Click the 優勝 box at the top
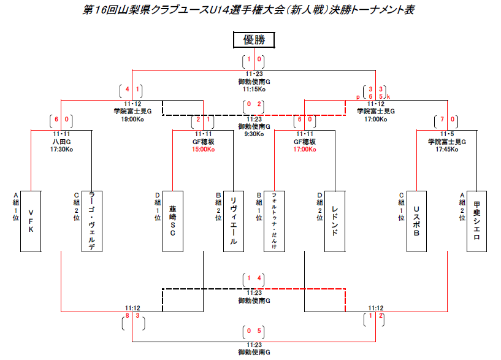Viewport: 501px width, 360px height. (254, 40)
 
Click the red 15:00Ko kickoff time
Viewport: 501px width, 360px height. (203, 148)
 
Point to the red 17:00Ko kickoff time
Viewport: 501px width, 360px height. (304, 148)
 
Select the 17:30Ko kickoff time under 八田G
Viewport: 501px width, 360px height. (61, 148)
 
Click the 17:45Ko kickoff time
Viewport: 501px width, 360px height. (446, 148)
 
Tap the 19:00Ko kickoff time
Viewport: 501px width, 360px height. (132, 118)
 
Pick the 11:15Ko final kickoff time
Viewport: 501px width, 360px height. (254, 88)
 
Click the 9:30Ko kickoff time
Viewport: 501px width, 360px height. (254, 132)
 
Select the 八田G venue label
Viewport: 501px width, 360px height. (61, 141)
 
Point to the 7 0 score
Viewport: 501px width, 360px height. (446, 120)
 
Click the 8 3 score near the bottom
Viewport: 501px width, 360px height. (132, 316)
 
